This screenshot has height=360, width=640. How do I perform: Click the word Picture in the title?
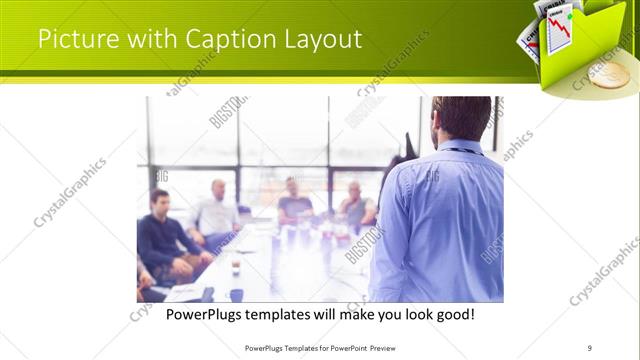pyautogui.click(x=73, y=40)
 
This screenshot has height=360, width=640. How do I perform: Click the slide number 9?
pyautogui.click(x=590, y=348)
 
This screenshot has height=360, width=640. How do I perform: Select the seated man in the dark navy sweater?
pyautogui.click(x=163, y=235)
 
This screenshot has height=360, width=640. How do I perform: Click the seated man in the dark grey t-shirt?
pyautogui.click(x=295, y=202)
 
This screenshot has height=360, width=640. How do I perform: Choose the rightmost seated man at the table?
pyautogui.click(x=356, y=205)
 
